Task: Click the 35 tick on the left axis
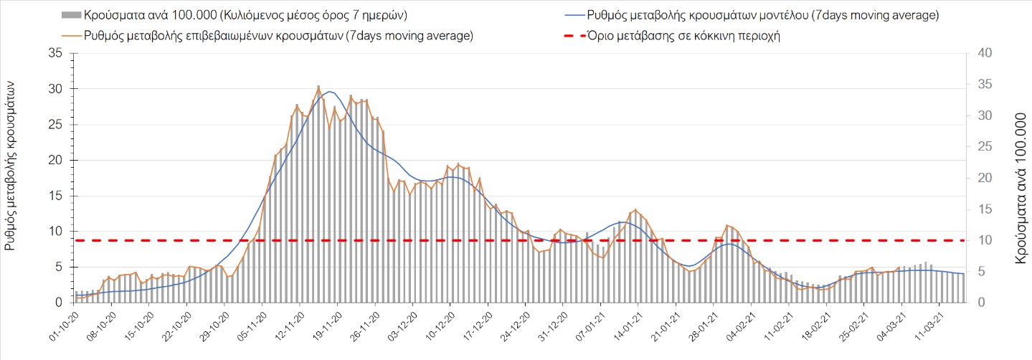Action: [x=55, y=53]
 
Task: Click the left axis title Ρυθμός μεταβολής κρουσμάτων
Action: [x=11, y=165]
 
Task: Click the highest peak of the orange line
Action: [x=318, y=87]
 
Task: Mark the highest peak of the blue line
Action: [x=329, y=92]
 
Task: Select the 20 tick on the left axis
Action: [x=55, y=160]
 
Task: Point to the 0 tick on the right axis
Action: [x=979, y=303]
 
